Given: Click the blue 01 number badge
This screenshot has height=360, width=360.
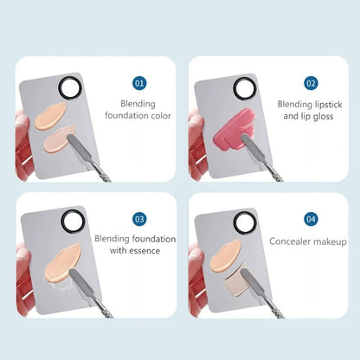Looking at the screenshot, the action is [x=139, y=83].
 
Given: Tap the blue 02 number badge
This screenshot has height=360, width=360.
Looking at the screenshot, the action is [x=311, y=83].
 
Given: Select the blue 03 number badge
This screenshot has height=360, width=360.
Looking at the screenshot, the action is [x=139, y=219].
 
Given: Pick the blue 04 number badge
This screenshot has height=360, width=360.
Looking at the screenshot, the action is [x=311, y=219].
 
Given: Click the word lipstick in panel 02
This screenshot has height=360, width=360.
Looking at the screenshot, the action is [x=325, y=105].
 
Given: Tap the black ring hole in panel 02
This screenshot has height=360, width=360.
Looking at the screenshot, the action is [x=235, y=88].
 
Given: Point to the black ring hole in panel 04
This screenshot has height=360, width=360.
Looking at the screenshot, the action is [x=236, y=222].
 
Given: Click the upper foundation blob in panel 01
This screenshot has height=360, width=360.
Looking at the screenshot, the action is [x=50, y=116].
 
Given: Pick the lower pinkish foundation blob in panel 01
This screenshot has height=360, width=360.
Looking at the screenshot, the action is [x=58, y=140].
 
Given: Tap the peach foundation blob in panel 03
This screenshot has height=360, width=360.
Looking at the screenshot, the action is [x=62, y=263].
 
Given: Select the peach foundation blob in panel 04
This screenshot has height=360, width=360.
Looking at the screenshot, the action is [x=226, y=255].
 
